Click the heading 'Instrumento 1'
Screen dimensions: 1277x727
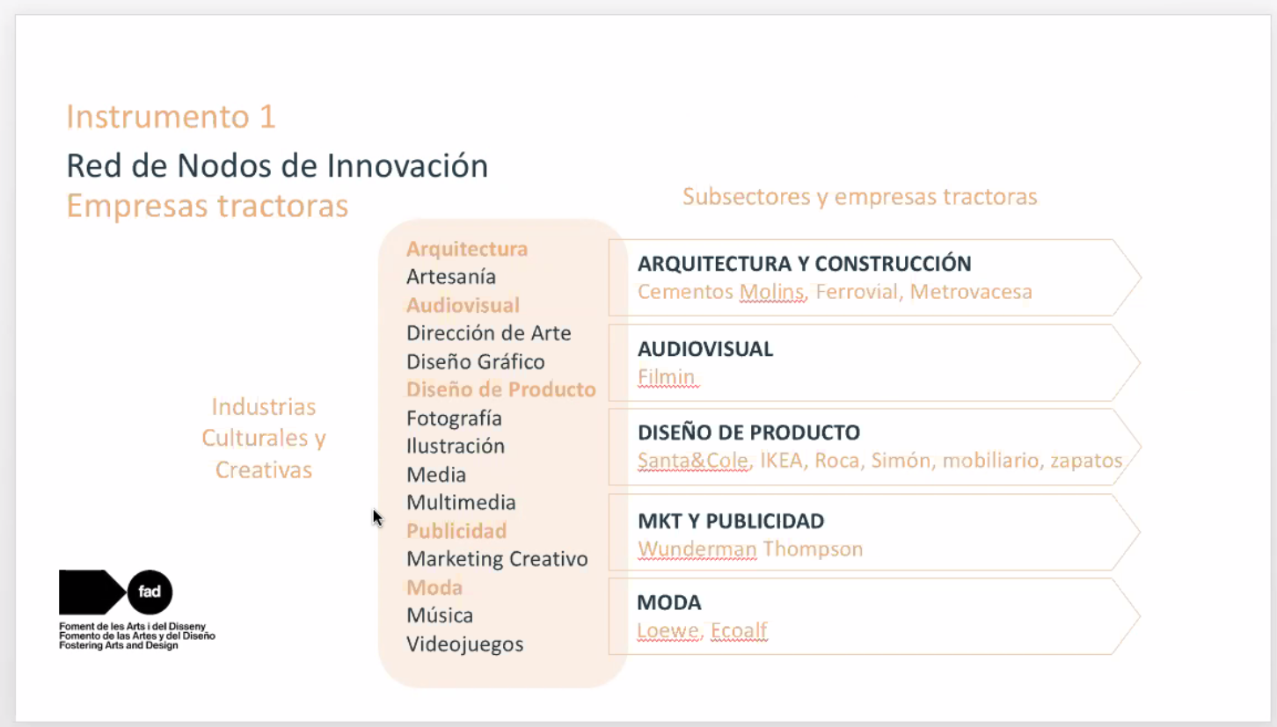tap(171, 117)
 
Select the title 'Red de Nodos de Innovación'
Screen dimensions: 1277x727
tap(277, 166)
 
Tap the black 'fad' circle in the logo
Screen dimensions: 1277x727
tap(150, 592)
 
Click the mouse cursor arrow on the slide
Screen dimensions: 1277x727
tap(377, 517)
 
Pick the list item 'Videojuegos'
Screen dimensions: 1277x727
tap(464, 644)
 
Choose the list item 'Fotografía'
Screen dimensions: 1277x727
tap(454, 418)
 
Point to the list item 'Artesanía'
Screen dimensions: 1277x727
tap(451, 277)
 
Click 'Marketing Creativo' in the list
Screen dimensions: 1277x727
tap(497, 559)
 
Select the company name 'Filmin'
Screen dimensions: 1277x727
tap(666, 376)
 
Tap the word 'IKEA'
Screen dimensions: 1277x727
tap(781, 461)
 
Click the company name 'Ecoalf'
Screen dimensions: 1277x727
tap(739, 630)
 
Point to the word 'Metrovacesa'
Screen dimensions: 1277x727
tap(971, 292)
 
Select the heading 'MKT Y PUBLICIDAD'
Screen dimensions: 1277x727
tap(731, 520)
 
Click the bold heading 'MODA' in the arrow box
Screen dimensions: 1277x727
tap(669, 602)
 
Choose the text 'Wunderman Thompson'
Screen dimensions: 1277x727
tap(750, 549)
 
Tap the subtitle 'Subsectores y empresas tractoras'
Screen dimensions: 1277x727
tap(860, 197)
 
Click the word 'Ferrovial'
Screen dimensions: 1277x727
tap(857, 292)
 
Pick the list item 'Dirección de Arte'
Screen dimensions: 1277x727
tap(489, 333)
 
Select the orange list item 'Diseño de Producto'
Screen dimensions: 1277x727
tap(501, 389)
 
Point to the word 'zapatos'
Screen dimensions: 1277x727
tap(1086, 461)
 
